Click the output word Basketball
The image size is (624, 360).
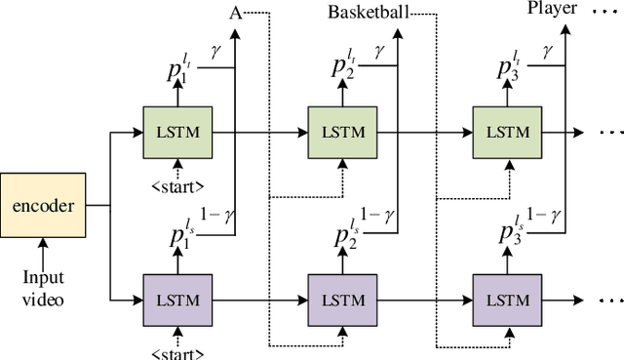click(368, 13)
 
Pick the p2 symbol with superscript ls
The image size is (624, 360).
click(342, 236)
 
